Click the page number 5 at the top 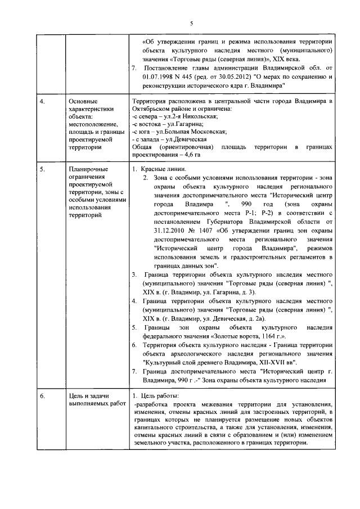coord(191,23)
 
